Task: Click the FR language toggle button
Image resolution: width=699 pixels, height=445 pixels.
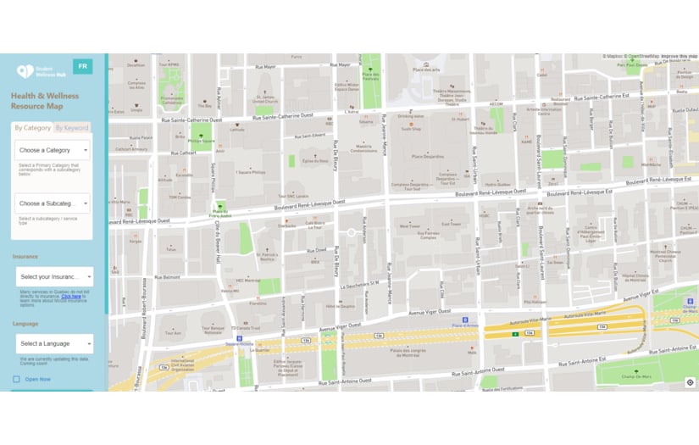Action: point(82,66)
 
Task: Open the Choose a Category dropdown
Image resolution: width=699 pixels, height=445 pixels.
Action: point(52,150)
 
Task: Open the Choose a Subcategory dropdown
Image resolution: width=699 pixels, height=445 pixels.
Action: point(52,203)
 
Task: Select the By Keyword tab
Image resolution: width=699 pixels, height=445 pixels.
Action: point(71,128)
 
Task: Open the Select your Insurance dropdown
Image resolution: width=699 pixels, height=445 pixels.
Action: point(54,276)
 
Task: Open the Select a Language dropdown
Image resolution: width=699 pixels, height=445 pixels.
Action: point(54,343)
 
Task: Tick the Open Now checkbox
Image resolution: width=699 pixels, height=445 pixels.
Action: point(17,379)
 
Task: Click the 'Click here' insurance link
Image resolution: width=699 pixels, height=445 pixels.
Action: point(71,297)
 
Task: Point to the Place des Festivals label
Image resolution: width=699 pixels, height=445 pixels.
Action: point(369,77)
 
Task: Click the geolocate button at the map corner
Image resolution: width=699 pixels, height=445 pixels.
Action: point(690,383)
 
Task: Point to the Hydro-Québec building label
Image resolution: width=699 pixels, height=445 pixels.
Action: point(497,184)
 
